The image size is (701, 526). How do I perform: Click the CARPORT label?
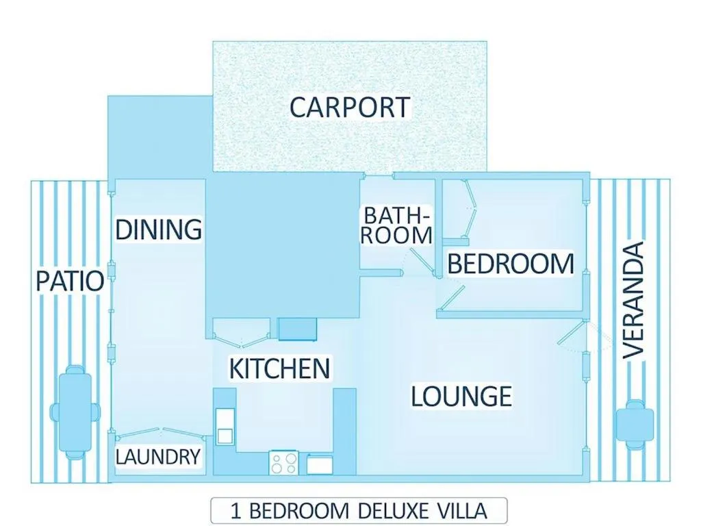(349, 108)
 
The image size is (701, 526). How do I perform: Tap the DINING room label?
(158, 229)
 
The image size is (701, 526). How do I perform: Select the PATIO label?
(70, 281)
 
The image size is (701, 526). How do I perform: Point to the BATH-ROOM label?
(398, 225)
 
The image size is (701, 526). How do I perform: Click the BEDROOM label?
(510, 264)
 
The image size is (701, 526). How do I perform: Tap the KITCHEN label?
(279, 368)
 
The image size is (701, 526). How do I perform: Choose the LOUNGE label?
(461, 396)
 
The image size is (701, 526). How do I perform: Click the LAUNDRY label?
(158, 456)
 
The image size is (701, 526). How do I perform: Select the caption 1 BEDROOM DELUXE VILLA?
(359, 511)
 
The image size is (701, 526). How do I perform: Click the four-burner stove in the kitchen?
(284, 462)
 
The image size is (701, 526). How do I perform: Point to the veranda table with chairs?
(635, 424)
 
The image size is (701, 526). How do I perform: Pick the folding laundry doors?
(160, 432)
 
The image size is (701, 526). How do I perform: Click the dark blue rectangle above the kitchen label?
(297, 329)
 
